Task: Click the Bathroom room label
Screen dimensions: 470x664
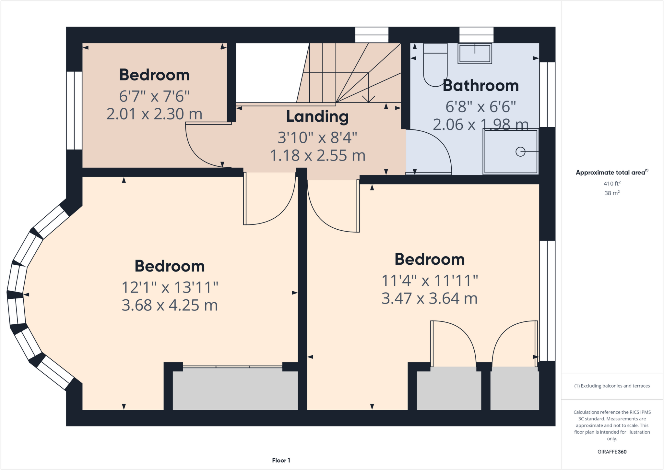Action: tap(480, 86)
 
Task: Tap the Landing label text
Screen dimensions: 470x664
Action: tap(317, 116)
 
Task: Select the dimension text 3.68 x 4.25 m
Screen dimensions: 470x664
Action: tap(170, 305)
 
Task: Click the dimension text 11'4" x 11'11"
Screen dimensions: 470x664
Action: tap(430, 280)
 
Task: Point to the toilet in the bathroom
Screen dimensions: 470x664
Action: tap(435, 68)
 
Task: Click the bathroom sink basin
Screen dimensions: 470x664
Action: tap(475, 54)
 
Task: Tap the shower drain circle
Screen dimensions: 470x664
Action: tap(520, 151)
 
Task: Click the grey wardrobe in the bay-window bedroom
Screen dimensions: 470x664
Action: tap(235, 390)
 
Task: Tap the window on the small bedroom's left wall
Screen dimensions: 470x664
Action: tap(74, 110)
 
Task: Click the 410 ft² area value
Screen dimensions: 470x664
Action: tap(612, 184)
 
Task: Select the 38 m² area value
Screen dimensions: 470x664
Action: tap(612, 193)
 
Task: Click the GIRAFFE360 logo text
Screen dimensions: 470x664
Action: tap(612, 452)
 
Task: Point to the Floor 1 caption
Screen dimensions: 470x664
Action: tap(281, 460)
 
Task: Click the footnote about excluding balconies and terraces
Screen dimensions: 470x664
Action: tap(612, 386)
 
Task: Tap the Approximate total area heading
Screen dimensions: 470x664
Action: tap(611, 173)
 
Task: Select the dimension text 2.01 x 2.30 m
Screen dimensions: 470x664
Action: tap(154, 114)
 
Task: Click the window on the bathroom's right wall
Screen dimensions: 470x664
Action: tap(547, 94)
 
